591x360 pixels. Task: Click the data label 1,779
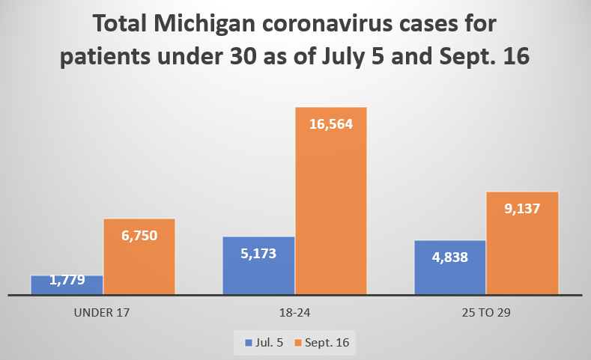click(x=67, y=281)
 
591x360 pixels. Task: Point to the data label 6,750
click(x=139, y=234)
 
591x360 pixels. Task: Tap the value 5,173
click(x=259, y=253)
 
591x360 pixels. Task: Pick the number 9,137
click(x=523, y=209)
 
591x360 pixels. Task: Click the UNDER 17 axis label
click(x=103, y=313)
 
